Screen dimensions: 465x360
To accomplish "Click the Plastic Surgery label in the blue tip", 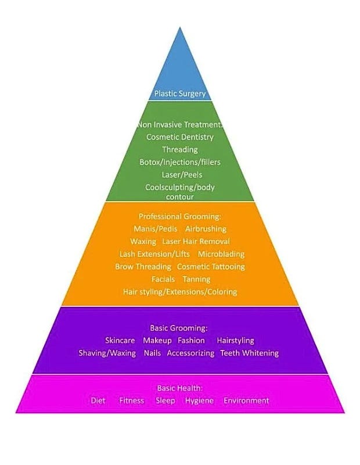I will (179, 93).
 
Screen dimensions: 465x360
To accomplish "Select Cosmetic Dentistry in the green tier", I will (179, 137).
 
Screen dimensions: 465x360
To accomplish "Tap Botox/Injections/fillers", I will (179, 162).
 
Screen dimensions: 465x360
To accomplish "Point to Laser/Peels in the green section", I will (179, 174).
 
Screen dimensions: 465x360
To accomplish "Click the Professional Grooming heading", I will (179, 216).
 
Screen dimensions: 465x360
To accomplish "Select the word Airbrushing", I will (206, 229).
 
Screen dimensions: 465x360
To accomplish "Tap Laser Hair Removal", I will (196, 241).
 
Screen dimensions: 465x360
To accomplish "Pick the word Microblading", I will (221, 254).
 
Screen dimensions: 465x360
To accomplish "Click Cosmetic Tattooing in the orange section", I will (211, 267).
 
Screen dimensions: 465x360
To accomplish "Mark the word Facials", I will (163, 280).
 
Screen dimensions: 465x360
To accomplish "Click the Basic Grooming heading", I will (179, 328).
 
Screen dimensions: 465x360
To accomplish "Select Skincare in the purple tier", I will (120, 341).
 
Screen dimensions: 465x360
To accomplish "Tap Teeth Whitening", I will (250, 353).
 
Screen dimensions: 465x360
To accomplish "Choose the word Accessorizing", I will (190, 353).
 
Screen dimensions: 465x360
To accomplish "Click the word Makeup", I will (157, 341).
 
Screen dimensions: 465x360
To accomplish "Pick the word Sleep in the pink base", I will (165, 400).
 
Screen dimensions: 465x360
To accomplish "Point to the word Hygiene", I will (199, 401).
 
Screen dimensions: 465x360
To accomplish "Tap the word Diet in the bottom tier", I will (98, 400).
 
